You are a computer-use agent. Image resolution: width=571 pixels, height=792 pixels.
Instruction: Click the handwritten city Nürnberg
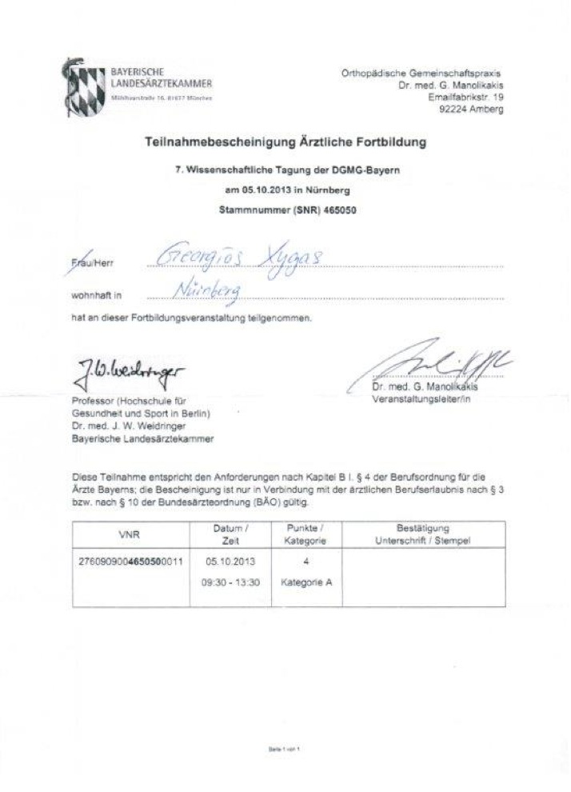pos(213,289)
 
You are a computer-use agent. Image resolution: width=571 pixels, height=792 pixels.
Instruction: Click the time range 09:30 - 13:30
pos(231,582)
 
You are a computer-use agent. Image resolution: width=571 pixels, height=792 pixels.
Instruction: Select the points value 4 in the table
pos(306,562)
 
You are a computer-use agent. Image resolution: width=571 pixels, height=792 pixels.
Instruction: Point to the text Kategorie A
pos(306,582)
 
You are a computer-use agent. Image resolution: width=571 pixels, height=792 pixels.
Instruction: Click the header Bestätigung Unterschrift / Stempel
pos(422,534)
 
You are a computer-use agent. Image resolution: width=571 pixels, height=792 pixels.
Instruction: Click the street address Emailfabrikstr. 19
pos(465,96)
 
